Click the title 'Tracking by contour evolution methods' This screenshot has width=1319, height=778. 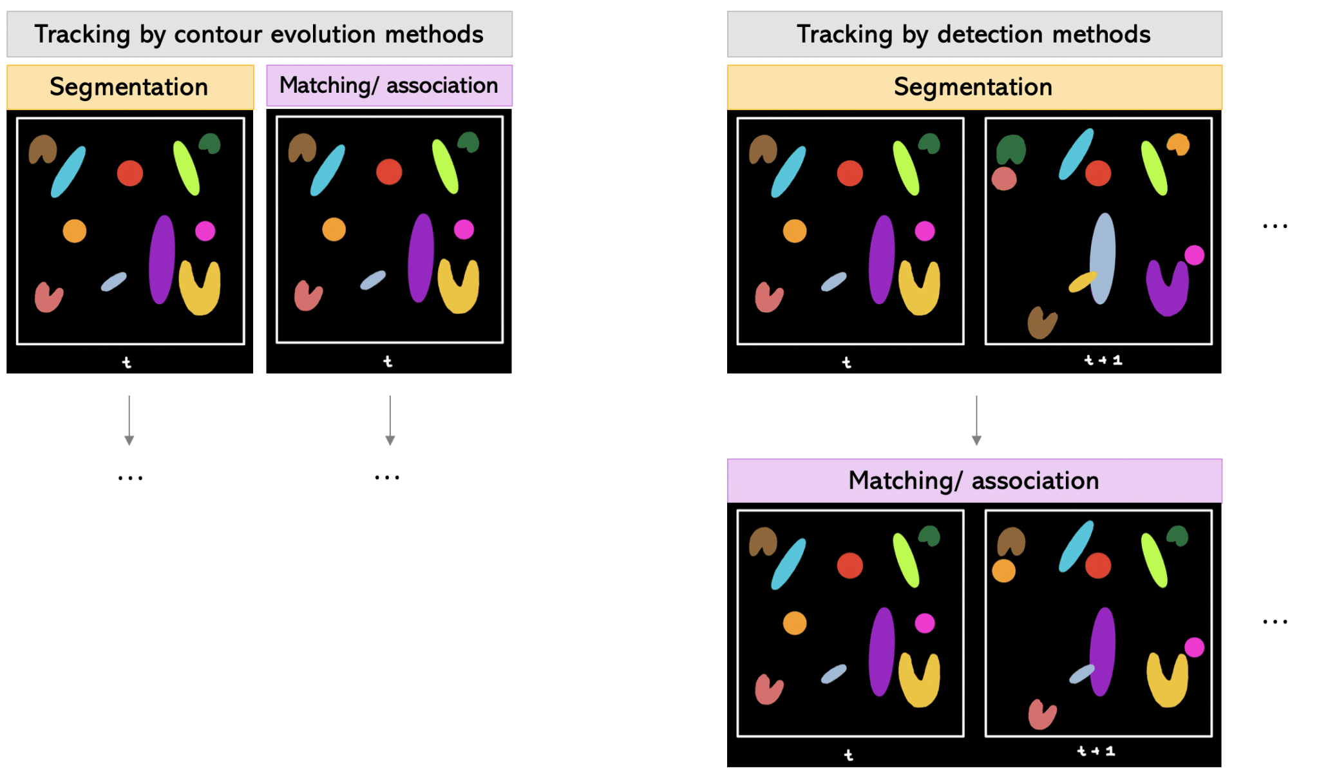[259, 34]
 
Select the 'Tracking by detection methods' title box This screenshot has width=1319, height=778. [974, 34]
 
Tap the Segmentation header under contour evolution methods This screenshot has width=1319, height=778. [129, 87]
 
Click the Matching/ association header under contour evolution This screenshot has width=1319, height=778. [389, 85]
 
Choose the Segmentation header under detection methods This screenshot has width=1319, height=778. [974, 87]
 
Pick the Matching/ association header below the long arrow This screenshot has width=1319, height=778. [974, 480]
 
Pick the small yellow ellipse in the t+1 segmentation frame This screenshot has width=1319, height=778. [1082, 282]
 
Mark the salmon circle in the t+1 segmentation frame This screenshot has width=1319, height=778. [1003, 178]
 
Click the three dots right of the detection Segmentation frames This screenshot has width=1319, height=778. [1275, 226]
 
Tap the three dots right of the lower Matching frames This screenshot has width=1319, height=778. [1275, 622]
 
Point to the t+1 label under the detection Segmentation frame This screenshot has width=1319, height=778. [1103, 360]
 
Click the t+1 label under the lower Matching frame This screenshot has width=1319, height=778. [1096, 751]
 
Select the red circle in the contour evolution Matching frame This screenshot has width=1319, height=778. [389, 172]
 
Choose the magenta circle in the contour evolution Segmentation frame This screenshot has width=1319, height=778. [205, 231]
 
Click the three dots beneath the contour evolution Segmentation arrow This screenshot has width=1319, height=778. [130, 478]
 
